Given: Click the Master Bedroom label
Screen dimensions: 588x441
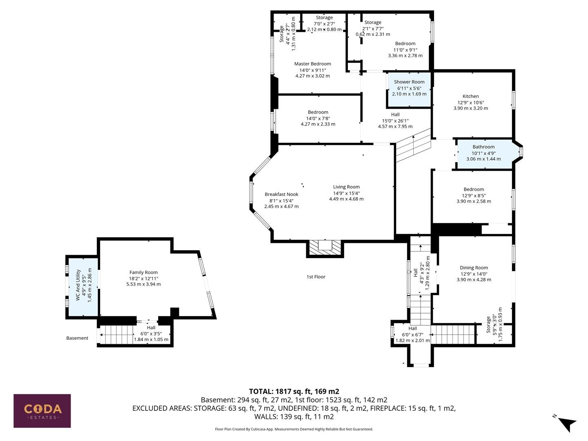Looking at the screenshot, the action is click(312, 64).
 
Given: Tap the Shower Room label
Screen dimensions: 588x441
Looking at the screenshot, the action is click(409, 82).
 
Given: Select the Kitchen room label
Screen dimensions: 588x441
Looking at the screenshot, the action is click(470, 96).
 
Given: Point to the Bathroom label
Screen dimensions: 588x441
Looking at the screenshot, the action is click(483, 147).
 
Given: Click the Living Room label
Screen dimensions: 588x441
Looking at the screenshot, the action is click(346, 187).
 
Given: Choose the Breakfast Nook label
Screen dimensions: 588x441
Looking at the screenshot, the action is click(281, 194).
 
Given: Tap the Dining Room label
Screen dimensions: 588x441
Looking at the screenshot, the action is click(474, 267).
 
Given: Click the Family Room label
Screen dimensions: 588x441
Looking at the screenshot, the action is click(143, 272).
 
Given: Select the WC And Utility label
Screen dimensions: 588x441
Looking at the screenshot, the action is click(78, 285).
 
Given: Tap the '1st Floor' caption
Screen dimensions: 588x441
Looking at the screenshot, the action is click(316, 277).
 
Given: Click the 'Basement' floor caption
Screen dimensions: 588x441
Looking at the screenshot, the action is click(77, 338).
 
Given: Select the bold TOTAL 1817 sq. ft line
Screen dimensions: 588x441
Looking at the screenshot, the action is click(294, 392).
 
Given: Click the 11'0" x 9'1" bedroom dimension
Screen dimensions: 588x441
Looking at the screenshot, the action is click(405, 50).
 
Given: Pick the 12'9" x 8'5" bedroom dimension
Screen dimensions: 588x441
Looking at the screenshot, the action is click(474, 196).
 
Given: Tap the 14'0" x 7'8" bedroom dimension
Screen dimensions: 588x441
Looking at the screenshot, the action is click(318, 118).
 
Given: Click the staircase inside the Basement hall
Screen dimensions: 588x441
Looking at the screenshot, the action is click(117, 334).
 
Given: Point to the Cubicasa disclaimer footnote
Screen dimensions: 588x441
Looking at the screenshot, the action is click(294, 429).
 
